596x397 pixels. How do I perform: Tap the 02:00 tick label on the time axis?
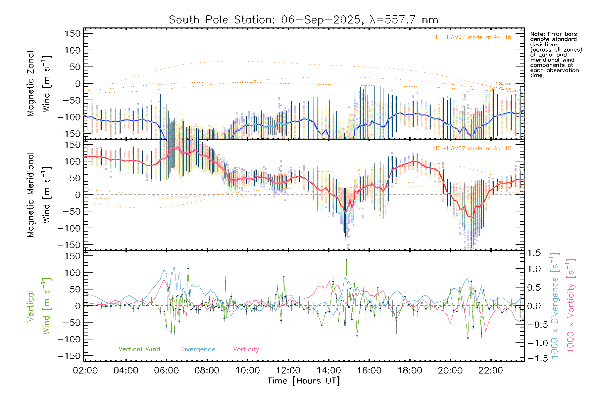point(85,371)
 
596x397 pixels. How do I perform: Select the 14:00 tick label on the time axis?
point(329,371)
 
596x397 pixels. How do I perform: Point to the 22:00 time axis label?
point(491,371)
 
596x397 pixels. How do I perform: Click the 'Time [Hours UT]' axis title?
point(304,381)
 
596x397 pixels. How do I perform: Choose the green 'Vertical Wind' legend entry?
point(139,349)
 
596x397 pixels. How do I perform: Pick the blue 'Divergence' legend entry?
point(198,349)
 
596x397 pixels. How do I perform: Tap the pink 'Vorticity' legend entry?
point(246,349)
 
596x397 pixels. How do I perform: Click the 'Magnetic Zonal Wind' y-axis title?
point(39,83)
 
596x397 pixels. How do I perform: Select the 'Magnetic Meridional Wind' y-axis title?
point(39,195)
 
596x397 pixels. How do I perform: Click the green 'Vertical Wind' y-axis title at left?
point(39,306)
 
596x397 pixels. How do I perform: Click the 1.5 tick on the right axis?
point(534,253)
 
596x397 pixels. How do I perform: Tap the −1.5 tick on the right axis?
point(534,358)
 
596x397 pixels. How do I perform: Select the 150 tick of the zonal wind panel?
point(73,34)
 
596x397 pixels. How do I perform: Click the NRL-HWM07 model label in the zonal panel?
point(472,37)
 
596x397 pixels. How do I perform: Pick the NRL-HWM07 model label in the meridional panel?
point(472,149)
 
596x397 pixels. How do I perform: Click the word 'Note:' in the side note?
point(538,34)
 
